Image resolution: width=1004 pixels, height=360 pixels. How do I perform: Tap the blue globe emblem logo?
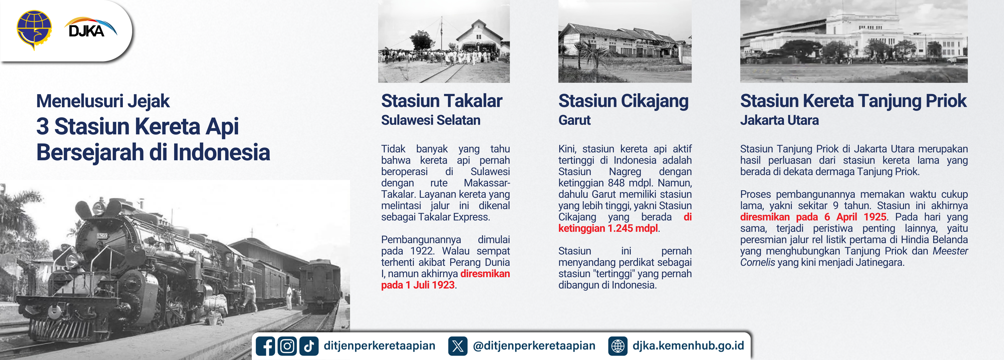(34, 30)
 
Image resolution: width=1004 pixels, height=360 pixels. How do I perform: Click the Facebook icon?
(265, 346)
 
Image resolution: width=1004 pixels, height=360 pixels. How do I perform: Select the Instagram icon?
(287, 346)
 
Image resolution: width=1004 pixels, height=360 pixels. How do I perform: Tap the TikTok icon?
(309, 346)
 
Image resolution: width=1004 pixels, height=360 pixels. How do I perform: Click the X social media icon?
(458, 346)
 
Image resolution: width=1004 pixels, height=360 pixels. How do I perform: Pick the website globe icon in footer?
(618, 346)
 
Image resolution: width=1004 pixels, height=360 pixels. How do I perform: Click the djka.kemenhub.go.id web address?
(688, 346)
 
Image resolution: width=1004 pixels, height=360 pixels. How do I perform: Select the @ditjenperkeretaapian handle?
(534, 346)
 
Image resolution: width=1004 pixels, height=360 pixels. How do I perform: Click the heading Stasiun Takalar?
(442, 101)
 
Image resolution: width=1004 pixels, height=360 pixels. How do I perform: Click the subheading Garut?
(575, 120)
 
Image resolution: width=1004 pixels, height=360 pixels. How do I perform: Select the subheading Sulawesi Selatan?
(431, 120)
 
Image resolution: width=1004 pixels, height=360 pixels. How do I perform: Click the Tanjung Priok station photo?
(854, 41)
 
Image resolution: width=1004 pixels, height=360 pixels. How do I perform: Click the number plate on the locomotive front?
(102, 236)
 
